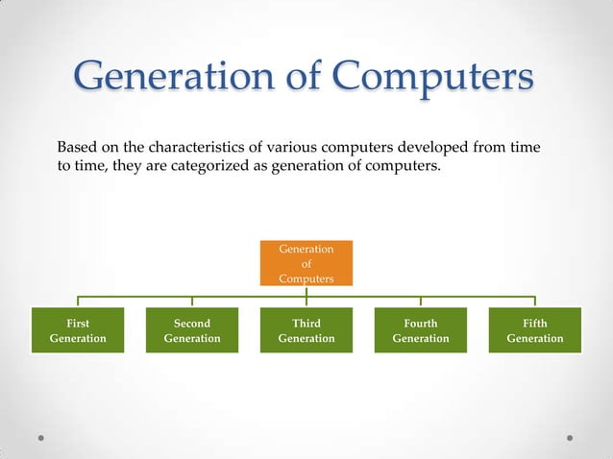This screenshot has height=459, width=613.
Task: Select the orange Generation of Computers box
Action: (x=306, y=263)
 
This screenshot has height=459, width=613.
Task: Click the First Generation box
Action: (x=78, y=330)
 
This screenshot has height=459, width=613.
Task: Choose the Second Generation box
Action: (x=192, y=330)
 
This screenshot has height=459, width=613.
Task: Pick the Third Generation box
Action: (x=306, y=330)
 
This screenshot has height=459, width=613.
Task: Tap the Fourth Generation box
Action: (x=421, y=330)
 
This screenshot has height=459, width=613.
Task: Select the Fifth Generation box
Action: (x=535, y=330)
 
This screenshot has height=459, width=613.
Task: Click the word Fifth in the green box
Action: (x=535, y=323)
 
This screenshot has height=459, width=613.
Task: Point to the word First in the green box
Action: (x=78, y=323)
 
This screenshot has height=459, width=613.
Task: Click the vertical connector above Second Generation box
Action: (x=192, y=302)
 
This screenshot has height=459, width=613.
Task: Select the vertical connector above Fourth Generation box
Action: (x=421, y=302)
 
